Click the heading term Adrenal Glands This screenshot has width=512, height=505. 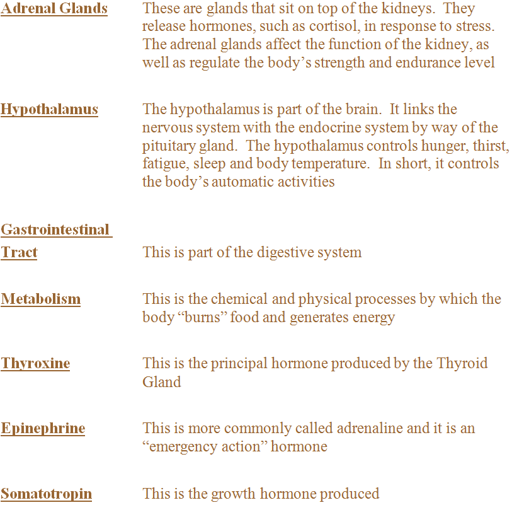click(x=54, y=9)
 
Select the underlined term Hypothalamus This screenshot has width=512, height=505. click(x=49, y=110)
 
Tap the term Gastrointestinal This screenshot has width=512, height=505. click(x=55, y=229)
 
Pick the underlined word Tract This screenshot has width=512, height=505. click(x=19, y=253)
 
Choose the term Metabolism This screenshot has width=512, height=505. click(x=41, y=299)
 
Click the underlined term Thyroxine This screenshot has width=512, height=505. click(x=35, y=364)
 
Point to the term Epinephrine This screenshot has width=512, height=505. click(x=43, y=429)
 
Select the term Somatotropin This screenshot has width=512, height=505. click(x=46, y=494)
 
